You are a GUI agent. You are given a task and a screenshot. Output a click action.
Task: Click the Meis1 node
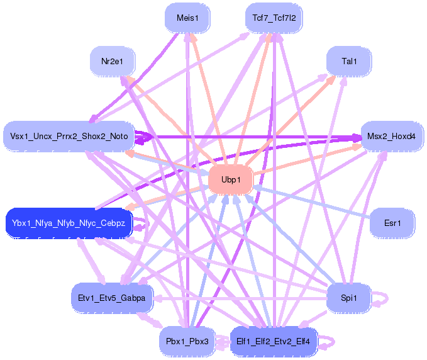pos(187,18)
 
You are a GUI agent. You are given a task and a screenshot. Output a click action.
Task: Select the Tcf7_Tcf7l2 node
pos(274,18)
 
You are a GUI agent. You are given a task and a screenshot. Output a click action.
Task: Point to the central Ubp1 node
pos(231,180)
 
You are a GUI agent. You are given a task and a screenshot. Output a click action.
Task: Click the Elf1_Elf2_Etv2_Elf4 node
pos(274,341)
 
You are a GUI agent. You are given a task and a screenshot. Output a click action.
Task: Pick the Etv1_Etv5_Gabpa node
pos(113,298)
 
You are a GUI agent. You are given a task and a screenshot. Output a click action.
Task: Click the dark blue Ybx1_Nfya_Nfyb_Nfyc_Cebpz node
pos(69,223)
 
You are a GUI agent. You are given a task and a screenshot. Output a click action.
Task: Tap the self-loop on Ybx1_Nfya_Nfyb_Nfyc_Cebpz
pos(146,224)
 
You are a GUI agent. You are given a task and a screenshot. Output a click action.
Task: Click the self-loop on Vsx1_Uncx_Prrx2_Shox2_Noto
pos(145,137)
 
